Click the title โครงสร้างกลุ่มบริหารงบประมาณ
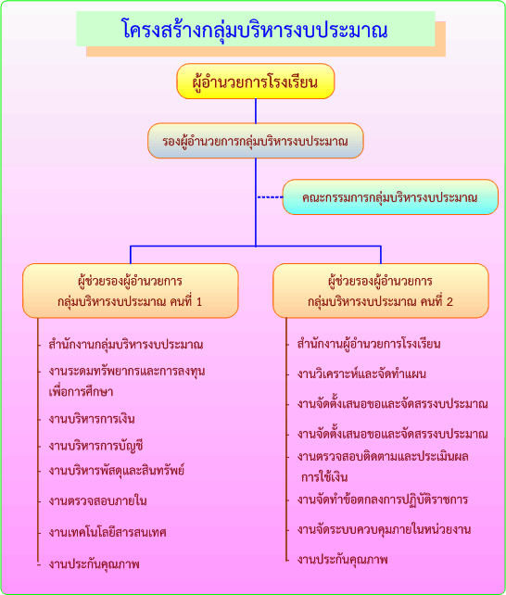(x=255, y=30)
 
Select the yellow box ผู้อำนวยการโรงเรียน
(x=255, y=82)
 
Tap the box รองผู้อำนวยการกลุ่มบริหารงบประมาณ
(x=255, y=141)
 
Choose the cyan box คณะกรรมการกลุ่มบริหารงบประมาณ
(x=390, y=196)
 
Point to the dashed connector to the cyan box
(x=270, y=196)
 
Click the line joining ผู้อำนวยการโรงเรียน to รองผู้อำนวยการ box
(x=256, y=111)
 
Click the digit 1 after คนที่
(x=199, y=302)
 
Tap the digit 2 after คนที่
(x=449, y=302)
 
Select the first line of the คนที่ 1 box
(x=130, y=281)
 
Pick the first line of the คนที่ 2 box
(x=381, y=281)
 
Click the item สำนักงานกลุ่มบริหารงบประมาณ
(x=126, y=345)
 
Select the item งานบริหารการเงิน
(x=92, y=419)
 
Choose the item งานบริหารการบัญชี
(x=96, y=446)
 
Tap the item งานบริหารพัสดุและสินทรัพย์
(x=117, y=471)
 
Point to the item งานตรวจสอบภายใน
(x=98, y=500)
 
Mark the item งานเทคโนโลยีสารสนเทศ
(x=108, y=532)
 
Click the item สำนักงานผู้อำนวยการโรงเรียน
(x=369, y=344)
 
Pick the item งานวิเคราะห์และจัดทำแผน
(x=361, y=373)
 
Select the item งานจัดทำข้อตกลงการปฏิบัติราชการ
(x=383, y=500)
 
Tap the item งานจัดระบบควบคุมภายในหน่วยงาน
(x=385, y=529)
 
